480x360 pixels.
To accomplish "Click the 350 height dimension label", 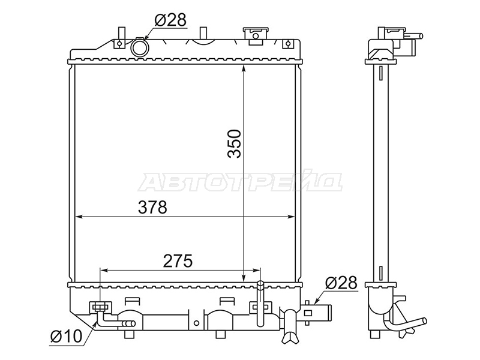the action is (x=235, y=143).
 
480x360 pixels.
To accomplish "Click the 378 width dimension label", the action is (x=152, y=207).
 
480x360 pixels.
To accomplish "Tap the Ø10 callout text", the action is (x=65, y=337).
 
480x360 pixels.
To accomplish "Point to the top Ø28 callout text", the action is (x=170, y=20).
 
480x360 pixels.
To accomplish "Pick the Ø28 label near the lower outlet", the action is (x=341, y=283).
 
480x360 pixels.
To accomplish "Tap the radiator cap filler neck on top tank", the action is (x=256, y=36).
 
